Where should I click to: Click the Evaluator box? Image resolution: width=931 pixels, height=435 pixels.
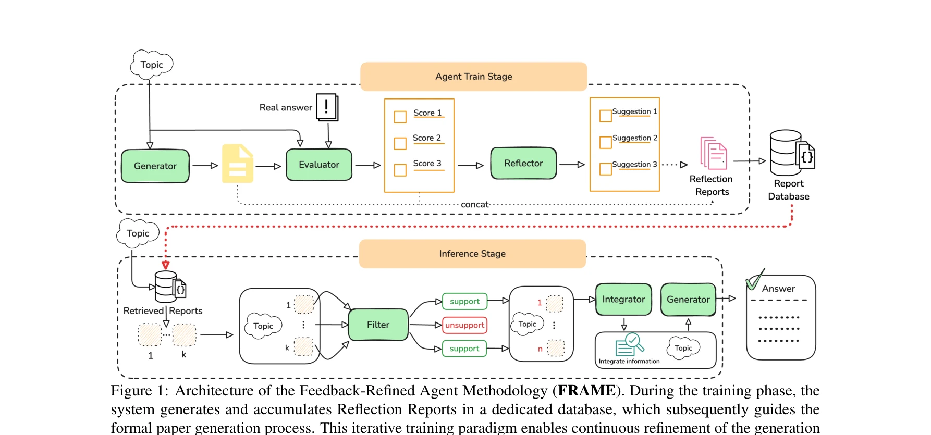(x=319, y=165)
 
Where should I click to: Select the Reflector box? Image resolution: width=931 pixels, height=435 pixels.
(x=523, y=164)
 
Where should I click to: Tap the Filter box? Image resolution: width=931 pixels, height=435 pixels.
(x=378, y=325)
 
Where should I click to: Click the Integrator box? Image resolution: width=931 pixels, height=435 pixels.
(x=623, y=300)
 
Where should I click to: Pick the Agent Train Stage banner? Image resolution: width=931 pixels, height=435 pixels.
(x=473, y=77)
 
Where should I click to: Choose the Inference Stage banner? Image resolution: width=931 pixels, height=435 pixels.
(x=472, y=254)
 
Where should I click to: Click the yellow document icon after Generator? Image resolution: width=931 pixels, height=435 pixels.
(x=238, y=164)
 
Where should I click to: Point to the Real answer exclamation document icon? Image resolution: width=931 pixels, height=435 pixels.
(x=327, y=107)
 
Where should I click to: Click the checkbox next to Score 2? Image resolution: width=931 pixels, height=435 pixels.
(x=400, y=143)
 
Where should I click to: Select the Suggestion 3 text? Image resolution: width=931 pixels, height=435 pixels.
(x=634, y=165)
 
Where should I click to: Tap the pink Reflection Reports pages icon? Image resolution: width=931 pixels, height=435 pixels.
(x=714, y=154)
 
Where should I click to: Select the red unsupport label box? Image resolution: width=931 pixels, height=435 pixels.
(x=464, y=325)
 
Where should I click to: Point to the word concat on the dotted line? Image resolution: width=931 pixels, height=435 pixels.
(x=474, y=205)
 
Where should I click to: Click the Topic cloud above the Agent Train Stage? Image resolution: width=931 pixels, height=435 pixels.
(x=151, y=65)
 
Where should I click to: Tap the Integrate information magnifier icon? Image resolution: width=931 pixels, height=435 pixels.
(x=630, y=344)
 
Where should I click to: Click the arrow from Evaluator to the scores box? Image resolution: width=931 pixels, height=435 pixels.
(x=368, y=165)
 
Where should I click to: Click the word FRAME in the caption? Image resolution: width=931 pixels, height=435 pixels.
(x=586, y=391)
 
